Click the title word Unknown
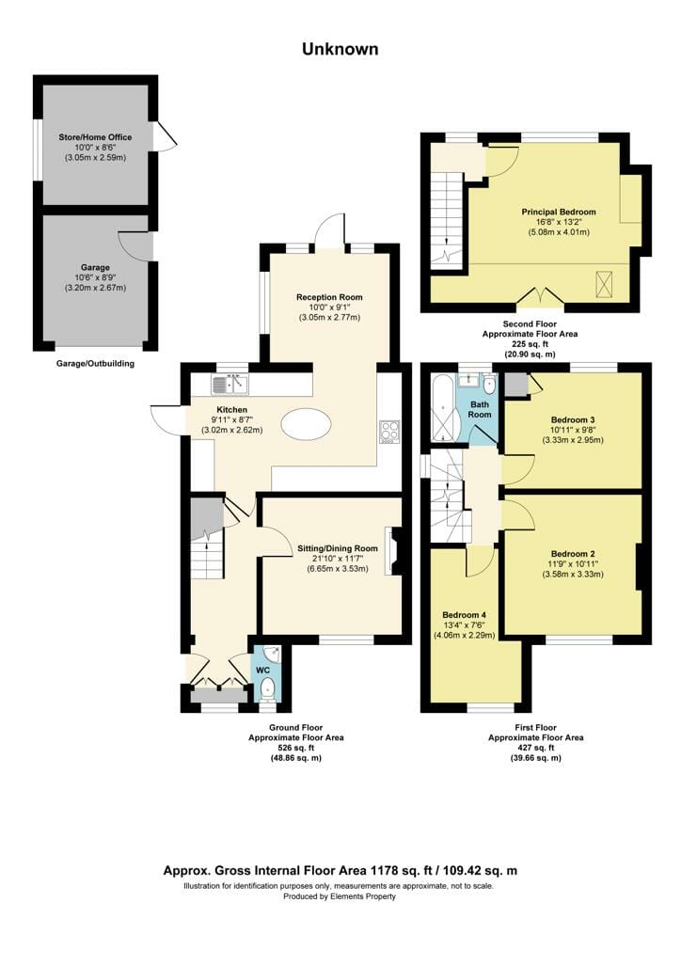[340, 49]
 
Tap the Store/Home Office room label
[95, 137]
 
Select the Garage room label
[95, 267]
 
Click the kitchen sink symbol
[230, 385]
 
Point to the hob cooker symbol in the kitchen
[389, 431]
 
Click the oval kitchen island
[307, 424]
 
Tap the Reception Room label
[329, 297]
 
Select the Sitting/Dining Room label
[337, 548]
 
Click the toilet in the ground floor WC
[267, 688]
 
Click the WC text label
[262, 670]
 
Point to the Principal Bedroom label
[559, 212]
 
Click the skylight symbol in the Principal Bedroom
[604, 283]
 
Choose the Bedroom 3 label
[572, 420]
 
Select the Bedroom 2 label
[572, 554]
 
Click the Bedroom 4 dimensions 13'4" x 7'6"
[465, 625]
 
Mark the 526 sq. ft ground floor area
[295, 748]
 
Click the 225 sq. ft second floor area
[530, 344]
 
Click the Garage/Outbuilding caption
[95, 364]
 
